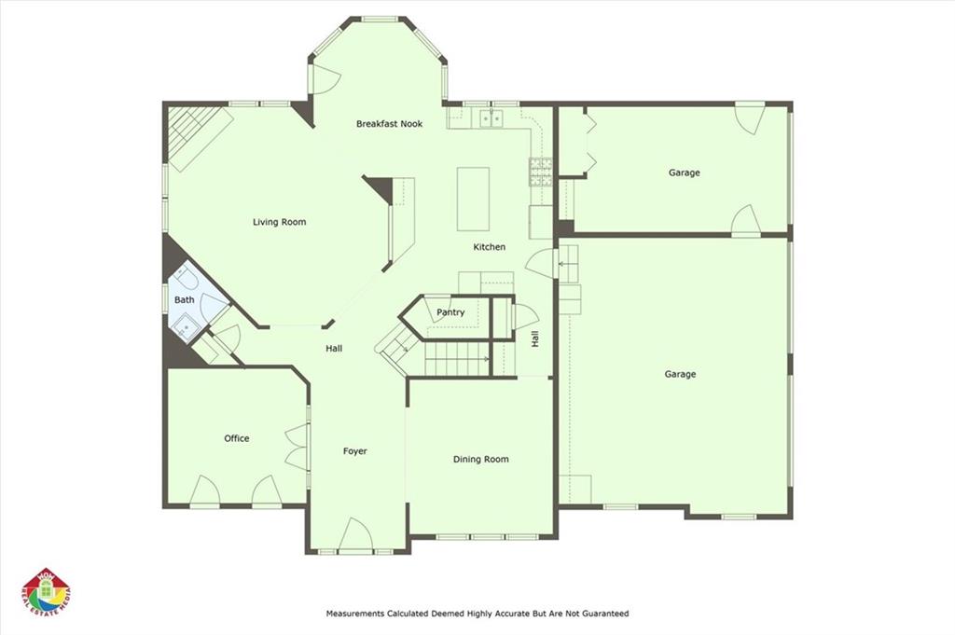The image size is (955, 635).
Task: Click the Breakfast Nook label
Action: tap(389, 124)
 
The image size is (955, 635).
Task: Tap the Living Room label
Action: tap(280, 222)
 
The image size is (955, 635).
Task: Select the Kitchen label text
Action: tap(489, 247)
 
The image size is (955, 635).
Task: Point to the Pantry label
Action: tap(450, 312)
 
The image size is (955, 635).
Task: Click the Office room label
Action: tap(236, 438)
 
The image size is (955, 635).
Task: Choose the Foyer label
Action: tap(354, 451)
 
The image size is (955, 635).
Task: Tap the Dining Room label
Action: tap(480, 459)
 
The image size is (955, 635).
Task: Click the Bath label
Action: tap(184, 299)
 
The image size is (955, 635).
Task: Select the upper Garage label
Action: tap(684, 173)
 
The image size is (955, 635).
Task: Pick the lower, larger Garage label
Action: tap(680, 374)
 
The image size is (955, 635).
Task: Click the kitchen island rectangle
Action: tap(473, 199)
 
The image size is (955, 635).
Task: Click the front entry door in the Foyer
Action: tap(355, 535)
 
